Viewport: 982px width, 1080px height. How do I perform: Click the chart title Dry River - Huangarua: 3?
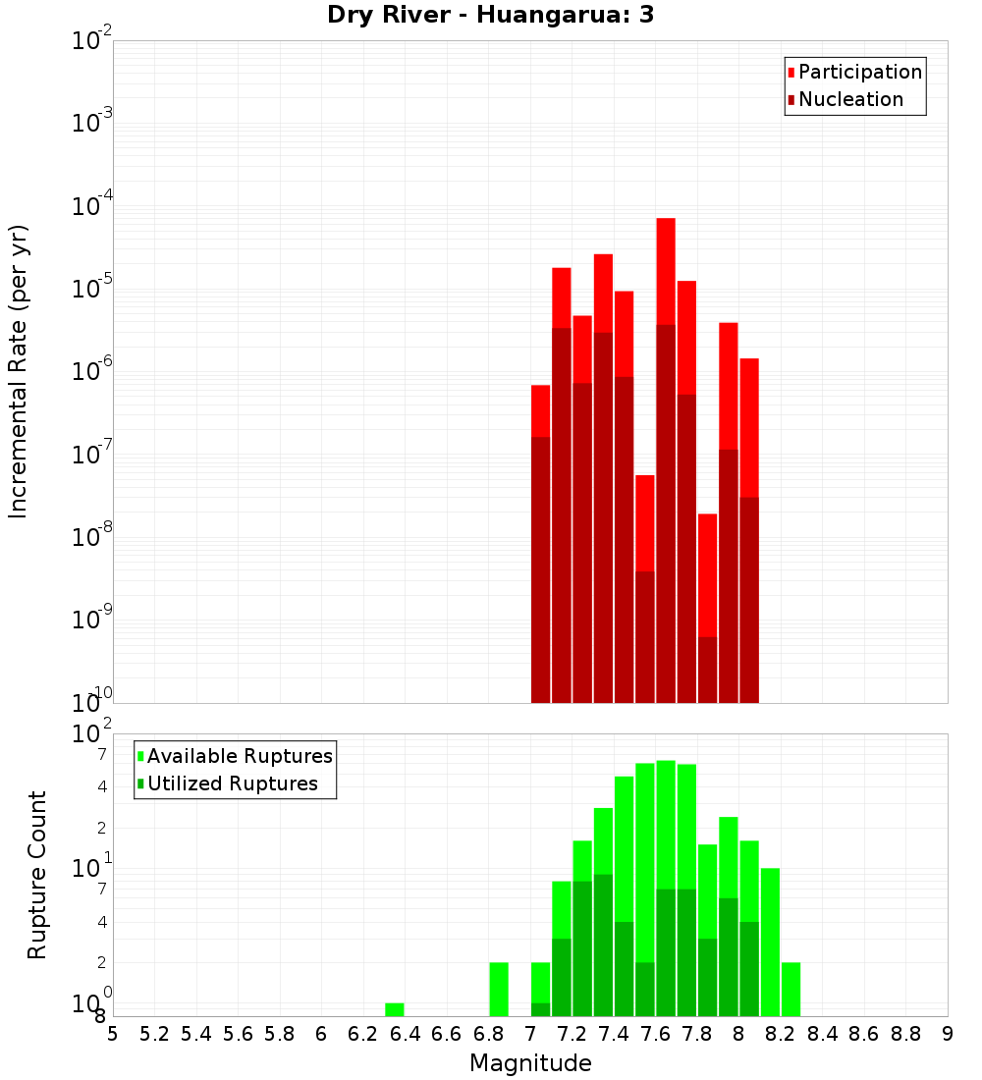490,15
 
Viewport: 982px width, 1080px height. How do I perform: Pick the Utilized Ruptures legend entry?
232,783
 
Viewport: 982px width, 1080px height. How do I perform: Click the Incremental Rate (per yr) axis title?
19,371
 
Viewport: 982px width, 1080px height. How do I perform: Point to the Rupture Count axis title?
37,874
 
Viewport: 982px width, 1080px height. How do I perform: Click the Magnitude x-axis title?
530,1063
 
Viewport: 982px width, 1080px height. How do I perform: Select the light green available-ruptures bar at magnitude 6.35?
395,1009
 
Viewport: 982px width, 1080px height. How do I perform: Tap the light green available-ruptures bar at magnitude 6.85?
499,989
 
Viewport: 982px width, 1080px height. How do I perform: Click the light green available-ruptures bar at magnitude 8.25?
791,989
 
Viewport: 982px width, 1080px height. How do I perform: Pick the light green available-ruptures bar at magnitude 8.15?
770,942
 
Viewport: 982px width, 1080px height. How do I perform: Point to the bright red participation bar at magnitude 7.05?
540,410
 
